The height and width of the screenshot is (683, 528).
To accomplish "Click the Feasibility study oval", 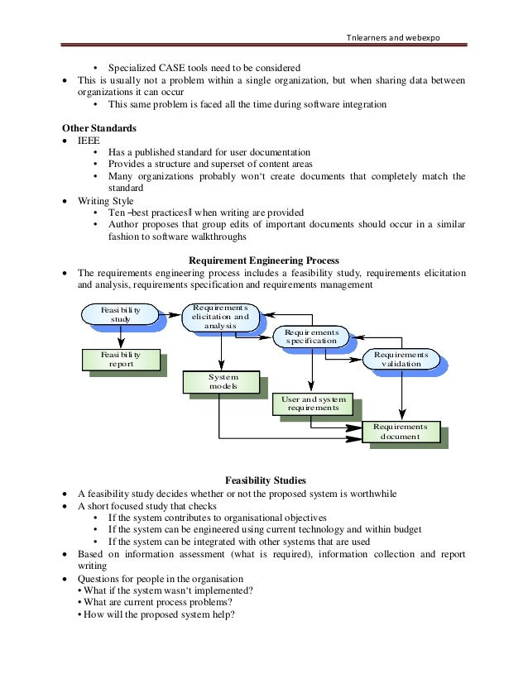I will click(121, 315).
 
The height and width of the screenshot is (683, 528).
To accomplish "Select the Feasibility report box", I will click(121, 358).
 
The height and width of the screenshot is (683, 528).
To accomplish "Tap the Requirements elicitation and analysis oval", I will click(219, 316).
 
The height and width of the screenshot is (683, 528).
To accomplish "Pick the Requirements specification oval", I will click(311, 335).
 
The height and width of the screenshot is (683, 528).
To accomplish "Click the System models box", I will click(219, 381).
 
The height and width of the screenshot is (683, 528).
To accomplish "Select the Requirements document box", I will click(400, 432).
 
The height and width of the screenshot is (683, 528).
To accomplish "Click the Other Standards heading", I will click(99, 129).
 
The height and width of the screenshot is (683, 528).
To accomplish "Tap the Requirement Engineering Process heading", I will click(264, 260).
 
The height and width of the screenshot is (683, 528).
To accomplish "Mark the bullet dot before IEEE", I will click(67, 141).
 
